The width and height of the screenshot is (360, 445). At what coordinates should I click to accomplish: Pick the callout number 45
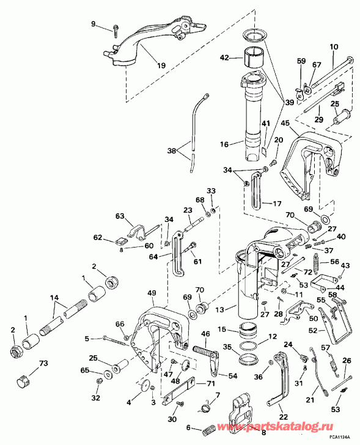point(285,123)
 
